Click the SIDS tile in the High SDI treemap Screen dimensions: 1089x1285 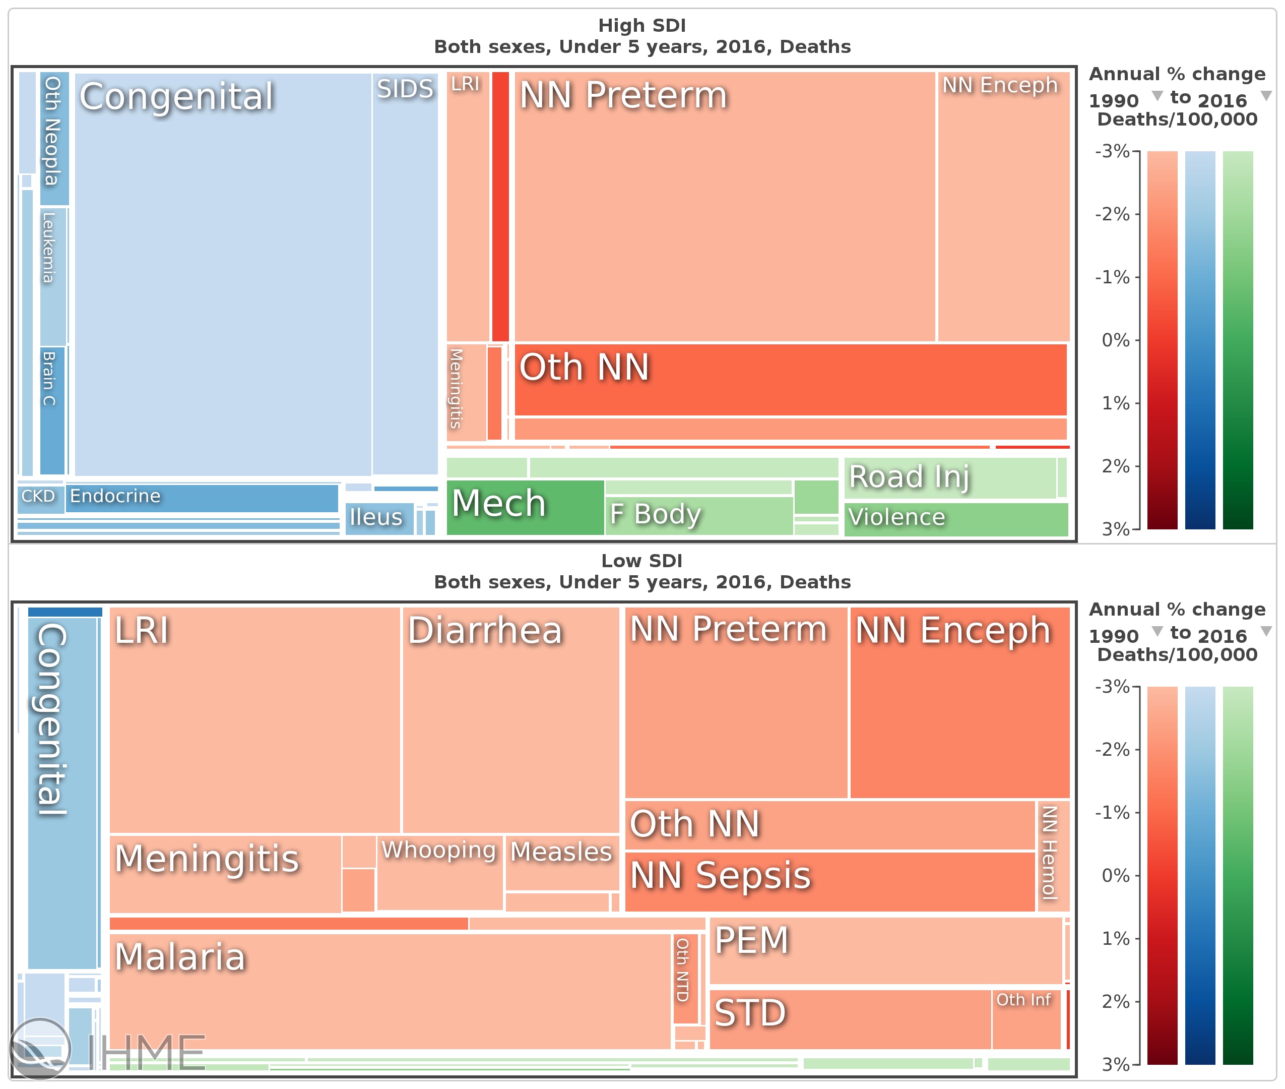pyautogui.click(x=405, y=272)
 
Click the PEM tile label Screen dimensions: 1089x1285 pyautogui.click(x=751, y=940)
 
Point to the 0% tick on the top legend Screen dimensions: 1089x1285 pyautogui.click(x=1115, y=340)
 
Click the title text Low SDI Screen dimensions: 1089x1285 pyautogui.click(x=641, y=561)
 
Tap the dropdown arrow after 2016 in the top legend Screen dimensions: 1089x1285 pyautogui.click(x=1266, y=96)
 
